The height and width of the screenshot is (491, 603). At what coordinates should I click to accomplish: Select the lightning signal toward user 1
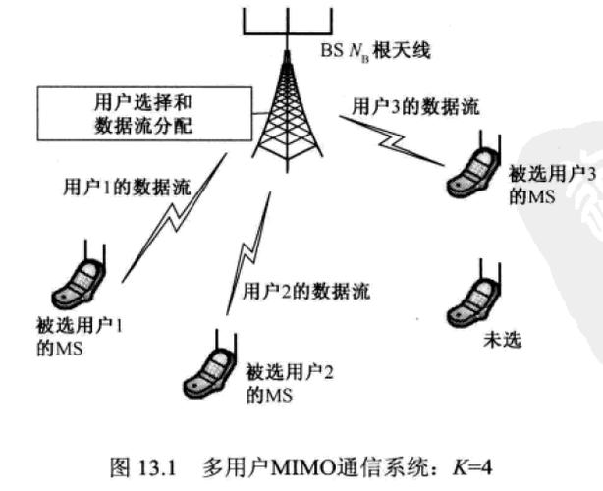(168, 232)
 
